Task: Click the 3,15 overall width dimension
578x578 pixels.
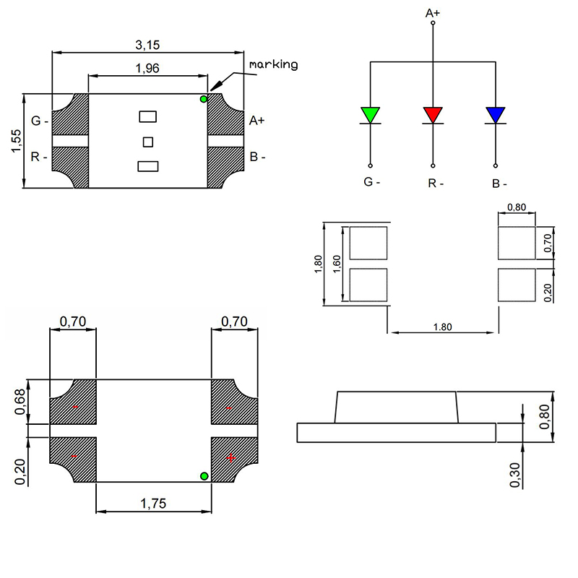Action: click(x=147, y=45)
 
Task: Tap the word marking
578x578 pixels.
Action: click(x=274, y=64)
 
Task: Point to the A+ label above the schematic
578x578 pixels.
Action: click(x=432, y=13)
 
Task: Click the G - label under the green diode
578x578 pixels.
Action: click(x=371, y=182)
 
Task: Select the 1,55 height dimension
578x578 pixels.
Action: click(x=16, y=140)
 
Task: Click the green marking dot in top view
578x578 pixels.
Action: click(x=204, y=99)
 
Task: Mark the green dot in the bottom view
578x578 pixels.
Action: click(x=204, y=475)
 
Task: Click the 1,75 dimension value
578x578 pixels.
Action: click(x=154, y=504)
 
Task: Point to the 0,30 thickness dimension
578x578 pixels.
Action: click(x=514, y=474)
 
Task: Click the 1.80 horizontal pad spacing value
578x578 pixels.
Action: click(x=442, y=327)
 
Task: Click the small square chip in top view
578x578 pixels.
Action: click(x=148, y=141)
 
